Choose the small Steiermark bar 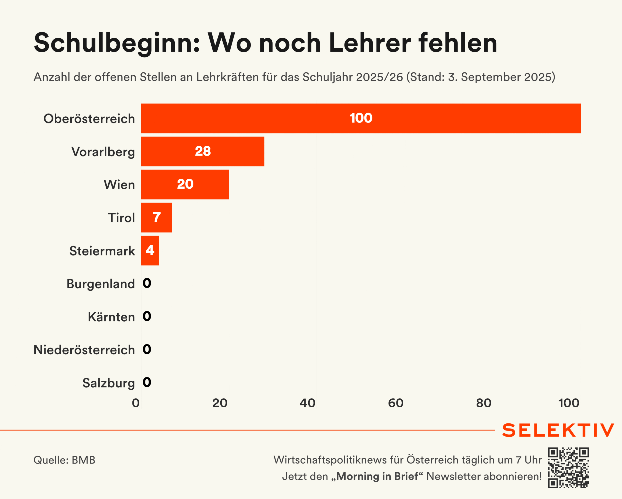[150, 251]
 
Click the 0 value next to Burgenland [147, 283]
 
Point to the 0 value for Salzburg [147, 382]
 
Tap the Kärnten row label [111, 317]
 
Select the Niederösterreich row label [84, 350]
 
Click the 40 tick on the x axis [308, 403]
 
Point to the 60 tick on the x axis [396, 403]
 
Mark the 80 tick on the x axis [484, 403]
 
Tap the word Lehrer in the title [370, 43]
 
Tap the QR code [568, 468]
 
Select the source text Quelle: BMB [64, 460]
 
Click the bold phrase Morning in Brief [377, 476]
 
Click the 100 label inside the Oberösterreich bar [361, 118]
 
